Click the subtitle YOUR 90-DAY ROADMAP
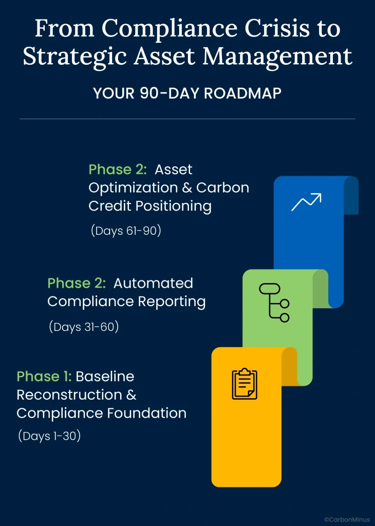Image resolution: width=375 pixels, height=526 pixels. pos(187,93)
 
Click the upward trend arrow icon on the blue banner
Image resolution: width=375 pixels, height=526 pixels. pos(306,202)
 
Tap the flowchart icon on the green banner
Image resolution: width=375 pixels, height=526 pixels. pos(274,303)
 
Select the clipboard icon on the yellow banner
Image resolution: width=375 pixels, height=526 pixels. pos(245,384)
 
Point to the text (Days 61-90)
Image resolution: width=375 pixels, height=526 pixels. pos(126,231)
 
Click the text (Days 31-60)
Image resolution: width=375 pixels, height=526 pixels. pos(84,326)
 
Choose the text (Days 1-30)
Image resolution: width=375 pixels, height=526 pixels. pos(49,436)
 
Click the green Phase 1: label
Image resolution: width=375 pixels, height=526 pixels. pos(44,377)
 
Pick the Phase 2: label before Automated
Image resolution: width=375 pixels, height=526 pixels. pos(77,283)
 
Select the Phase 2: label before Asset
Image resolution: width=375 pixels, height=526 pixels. pos(118,170)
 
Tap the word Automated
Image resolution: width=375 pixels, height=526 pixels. pos(153,283)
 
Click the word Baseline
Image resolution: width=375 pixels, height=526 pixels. pos(105,377)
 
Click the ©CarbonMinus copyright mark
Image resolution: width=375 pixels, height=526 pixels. pos(347,519)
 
